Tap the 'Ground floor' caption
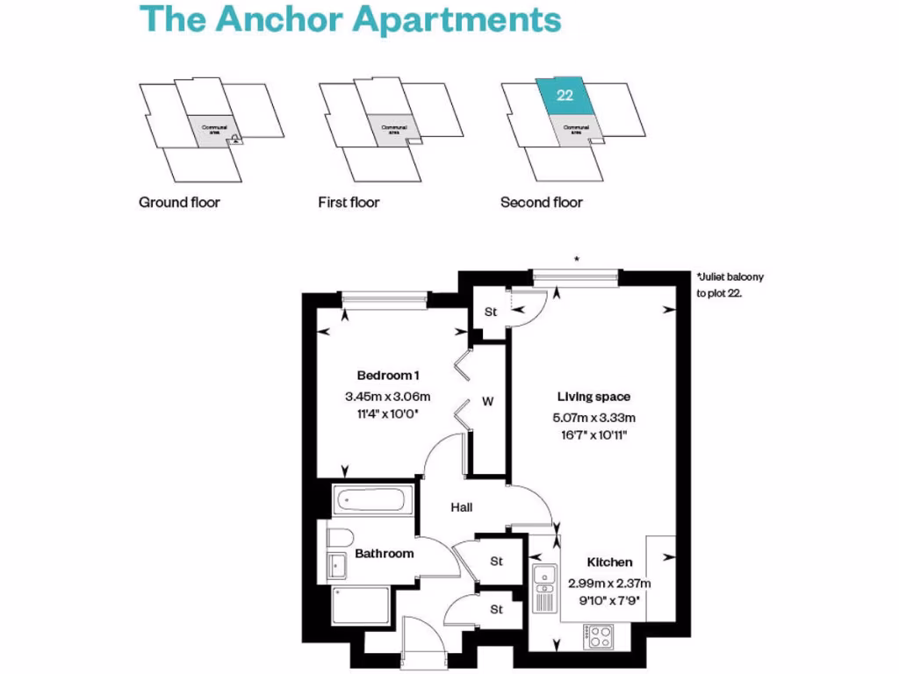coord(179,203)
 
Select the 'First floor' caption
coord(349,203)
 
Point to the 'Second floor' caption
coord(541,203)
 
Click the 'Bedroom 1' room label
coord(383,376)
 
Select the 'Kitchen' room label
coord(609,563)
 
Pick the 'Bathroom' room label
coord(384,554)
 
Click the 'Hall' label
coord(462,507)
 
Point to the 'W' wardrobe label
coord(487,402)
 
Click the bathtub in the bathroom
coord(370,501)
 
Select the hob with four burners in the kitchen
coord(601,635)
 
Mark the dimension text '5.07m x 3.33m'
coord(594,417)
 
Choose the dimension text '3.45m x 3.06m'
coord(383,396)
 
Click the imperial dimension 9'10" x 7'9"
coord(609,599)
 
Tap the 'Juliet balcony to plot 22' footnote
coord(730,285)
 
